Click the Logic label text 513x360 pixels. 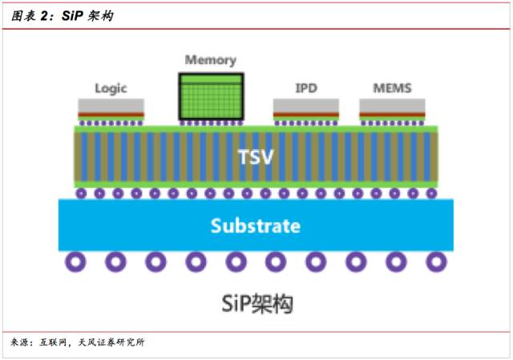111,88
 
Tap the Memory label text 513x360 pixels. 210,60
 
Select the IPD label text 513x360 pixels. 306,88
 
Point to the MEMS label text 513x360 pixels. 392,87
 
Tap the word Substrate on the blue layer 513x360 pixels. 255,225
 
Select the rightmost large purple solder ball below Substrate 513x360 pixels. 436,261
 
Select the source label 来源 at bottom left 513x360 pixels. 22,343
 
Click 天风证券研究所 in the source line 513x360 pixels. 111,343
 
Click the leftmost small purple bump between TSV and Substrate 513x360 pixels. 81,193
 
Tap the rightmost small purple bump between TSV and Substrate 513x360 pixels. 431,193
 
